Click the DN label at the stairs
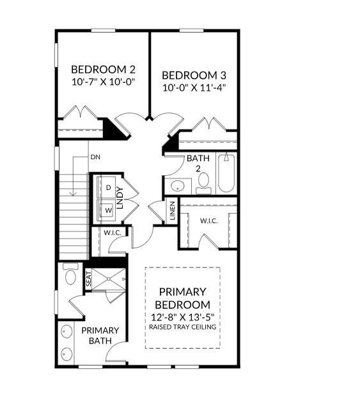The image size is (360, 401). [95, 157]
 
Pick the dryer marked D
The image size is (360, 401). [108, 187]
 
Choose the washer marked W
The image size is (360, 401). [108, 209]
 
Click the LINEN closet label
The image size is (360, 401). [172, 211]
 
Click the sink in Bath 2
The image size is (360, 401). [178, 186]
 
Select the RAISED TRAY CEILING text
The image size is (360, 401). [183, 327]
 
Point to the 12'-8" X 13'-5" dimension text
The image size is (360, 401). [183, 317]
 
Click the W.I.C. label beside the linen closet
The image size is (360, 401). [209, 221]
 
